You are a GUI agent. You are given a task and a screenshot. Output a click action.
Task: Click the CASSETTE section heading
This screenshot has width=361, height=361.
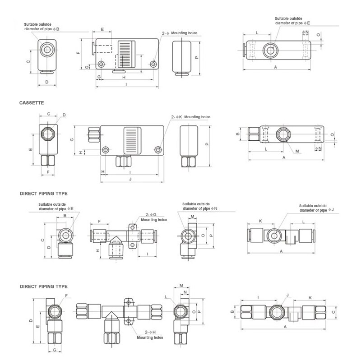[x=31, y=103]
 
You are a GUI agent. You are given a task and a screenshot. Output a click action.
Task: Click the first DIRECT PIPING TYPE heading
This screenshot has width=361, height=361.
[x=43, y=193]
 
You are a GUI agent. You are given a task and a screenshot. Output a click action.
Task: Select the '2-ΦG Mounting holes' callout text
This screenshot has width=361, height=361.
[x=154, y=218]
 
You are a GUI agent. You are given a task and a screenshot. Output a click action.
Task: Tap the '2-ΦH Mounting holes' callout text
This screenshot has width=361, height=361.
[x=151, y=335]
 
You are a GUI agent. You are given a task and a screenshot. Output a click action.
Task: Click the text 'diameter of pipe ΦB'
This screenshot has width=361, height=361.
[x=42, y=29]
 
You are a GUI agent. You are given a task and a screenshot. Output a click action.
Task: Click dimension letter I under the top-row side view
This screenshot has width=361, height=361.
[x=125, y=84]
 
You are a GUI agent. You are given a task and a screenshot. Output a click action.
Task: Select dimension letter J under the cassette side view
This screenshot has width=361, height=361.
[x=130, y=179]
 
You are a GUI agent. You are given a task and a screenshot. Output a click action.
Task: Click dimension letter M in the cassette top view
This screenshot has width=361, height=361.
[x=297, y=151]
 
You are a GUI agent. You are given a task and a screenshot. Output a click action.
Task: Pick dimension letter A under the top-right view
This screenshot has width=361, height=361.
[x=276, y=66]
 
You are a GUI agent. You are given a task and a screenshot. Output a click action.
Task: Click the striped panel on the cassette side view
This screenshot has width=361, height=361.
[x=132, y=140]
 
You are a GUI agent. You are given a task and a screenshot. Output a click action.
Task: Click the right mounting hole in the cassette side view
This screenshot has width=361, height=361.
[x=158, y=150]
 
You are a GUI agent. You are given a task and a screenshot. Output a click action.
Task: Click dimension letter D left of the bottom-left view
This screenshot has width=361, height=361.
[x=31, y=320]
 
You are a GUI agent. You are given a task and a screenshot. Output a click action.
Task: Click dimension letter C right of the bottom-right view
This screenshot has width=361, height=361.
[x=333, y=311]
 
